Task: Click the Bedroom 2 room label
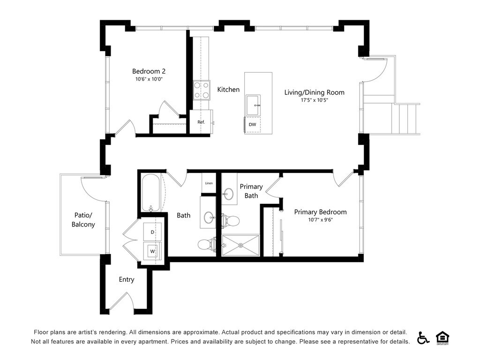click(x=149, y=71)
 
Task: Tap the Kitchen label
click(x=228, y=90)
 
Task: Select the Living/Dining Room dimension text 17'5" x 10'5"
click(x=315, y=100)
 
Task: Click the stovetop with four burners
click(x=202, y=90)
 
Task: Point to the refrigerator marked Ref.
click(x=201, y=122)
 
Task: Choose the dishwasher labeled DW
click(x=252, y=125)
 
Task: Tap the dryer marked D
click(x=152, y=232)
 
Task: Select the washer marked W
click(x=152, y=251)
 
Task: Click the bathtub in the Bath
click(x=150, y=193)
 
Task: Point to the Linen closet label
click(x=209, y=183)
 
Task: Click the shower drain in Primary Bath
click(x=241, y=245)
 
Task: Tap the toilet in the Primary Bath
click(x=230, y=221)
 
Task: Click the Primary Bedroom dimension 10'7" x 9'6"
click(x=321, y=219)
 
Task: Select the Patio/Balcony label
click(x=83, y=220)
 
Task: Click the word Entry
click(x=127, y=279)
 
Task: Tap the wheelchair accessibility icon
click(x=423, y=337)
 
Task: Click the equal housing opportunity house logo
click(x=442, y=337)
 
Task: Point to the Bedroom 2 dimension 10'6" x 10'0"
click(x=149, y=79)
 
